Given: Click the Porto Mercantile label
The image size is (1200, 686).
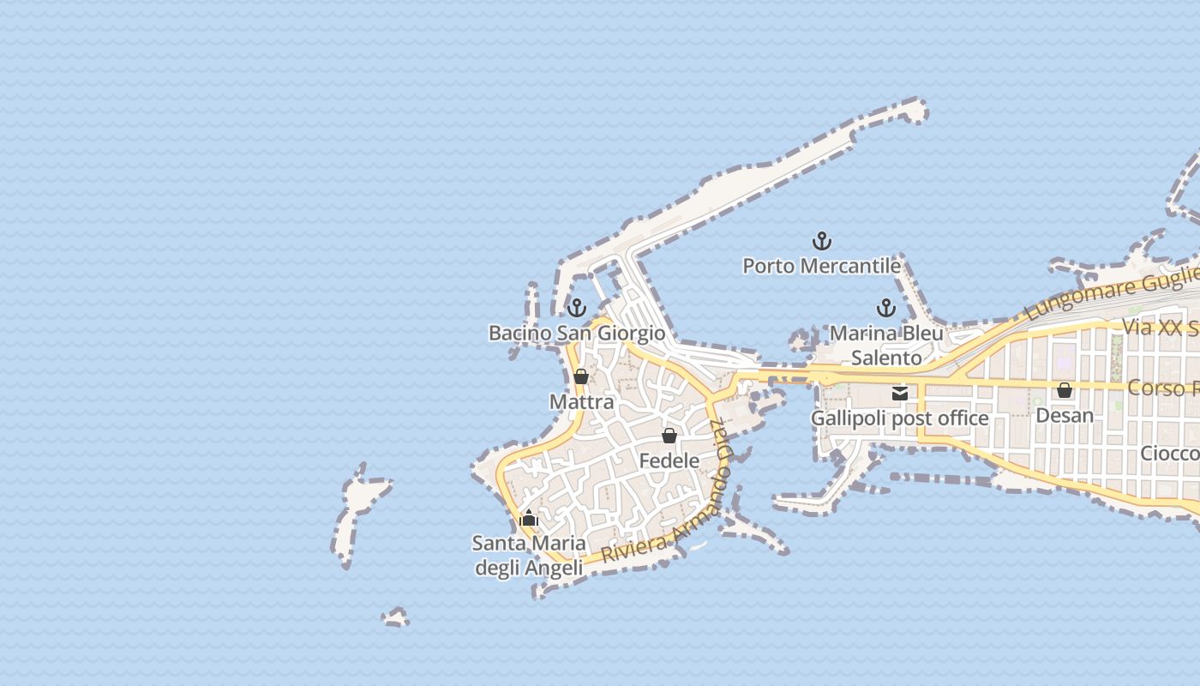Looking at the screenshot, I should (821, 266).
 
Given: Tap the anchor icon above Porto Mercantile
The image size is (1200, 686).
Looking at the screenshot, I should (822, 240).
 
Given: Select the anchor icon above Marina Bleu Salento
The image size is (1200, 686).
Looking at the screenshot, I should (885, 308).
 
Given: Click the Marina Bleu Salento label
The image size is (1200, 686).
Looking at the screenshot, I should (886, 345).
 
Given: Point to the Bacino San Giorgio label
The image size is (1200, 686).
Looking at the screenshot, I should (577, 333).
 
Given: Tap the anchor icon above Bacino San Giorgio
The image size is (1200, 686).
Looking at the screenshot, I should (577, 307).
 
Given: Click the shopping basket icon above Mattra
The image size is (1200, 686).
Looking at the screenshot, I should (580, 376).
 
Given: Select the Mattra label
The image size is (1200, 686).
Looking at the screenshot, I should (581, 402).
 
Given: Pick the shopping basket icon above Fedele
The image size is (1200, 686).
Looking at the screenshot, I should (669, 436).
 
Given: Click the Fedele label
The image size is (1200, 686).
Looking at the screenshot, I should (669, 460).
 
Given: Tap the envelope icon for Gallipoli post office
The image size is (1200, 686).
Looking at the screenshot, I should (899, 394).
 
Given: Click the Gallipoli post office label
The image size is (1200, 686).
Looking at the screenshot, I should (899, 418).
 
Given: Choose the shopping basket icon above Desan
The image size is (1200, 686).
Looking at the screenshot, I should (1065, 390).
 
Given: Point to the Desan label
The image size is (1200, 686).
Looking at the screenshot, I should (1065, 415).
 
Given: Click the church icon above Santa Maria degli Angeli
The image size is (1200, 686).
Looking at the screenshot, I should (529, 518).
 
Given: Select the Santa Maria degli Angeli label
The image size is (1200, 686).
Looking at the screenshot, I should (529, 555).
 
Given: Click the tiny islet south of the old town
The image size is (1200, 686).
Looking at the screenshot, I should (395, 617).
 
